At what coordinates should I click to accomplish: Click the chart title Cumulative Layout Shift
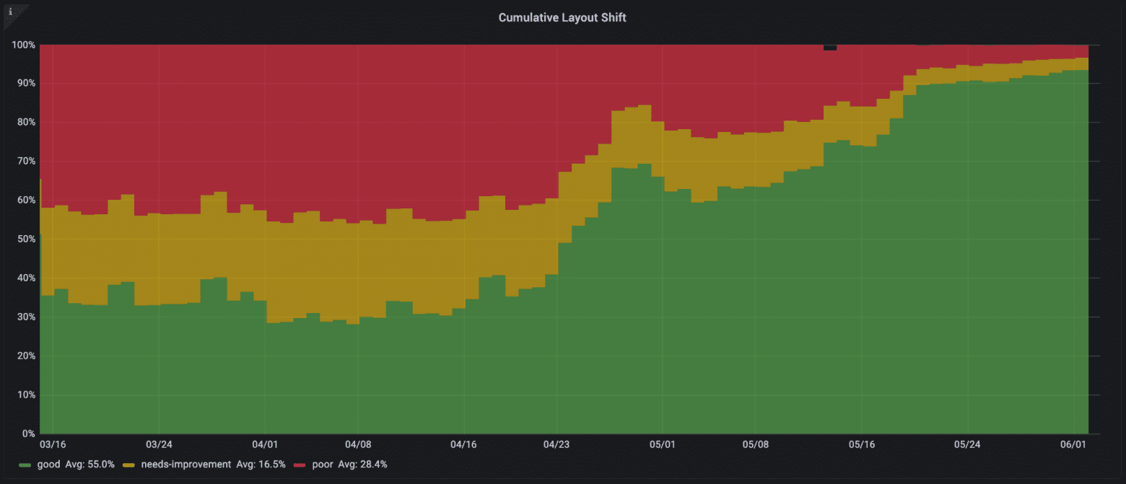[562, 17]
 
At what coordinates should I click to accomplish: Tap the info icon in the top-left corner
[10, 11]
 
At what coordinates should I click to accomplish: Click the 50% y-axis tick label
[24, 239]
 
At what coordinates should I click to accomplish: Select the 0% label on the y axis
[27, 434]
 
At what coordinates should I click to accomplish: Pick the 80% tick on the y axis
[24, 123]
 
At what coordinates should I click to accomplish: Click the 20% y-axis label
[24, 356]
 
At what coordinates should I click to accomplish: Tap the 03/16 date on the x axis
[52, 445]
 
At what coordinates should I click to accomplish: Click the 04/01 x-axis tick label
[265, 445]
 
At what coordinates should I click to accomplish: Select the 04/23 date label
[556, 445]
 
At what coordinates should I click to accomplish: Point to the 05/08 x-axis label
[755, 445]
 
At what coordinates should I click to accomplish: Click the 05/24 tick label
[968, 445]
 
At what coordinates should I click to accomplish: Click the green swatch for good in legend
[25, 465]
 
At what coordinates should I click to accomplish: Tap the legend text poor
[323, 465]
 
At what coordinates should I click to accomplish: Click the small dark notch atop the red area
[830, 48]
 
